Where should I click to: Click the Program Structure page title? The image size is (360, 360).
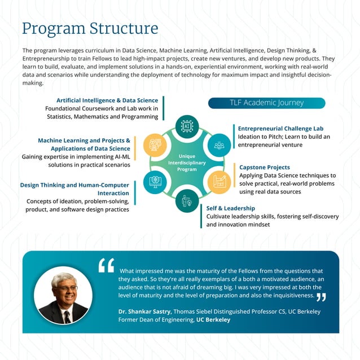[90, 28]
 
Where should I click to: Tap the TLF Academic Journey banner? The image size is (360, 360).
[266, 103]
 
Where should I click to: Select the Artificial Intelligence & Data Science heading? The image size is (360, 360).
[107, 100]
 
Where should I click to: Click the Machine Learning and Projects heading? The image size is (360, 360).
[84, 141]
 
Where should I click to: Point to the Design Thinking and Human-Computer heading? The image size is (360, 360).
[74, 185]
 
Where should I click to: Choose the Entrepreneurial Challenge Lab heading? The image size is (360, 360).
[280, 129]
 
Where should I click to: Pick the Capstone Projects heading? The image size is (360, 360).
[265, 168]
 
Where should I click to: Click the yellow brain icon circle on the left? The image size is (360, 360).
[155, 145]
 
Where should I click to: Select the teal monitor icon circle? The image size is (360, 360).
[155, 182]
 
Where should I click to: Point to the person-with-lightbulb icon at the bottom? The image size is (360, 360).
[186, 200]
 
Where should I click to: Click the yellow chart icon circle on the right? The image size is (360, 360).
[219, 182]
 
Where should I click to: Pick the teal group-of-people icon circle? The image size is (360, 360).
[219, 145]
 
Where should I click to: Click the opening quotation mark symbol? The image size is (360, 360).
[106, 265]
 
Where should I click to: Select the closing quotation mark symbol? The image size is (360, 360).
[321, 297]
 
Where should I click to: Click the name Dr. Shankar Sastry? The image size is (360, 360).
[144, 311]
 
